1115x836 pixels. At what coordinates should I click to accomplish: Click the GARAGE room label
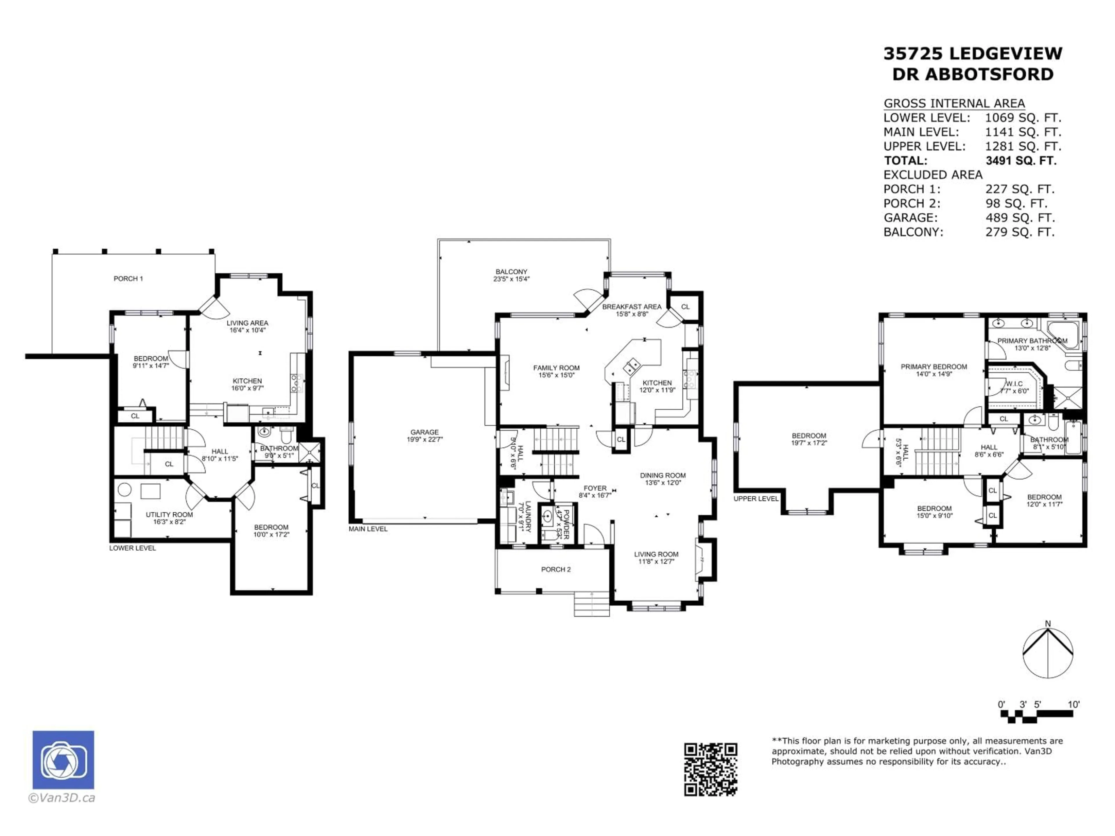pos(425,435)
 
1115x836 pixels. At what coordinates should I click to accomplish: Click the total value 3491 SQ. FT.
pos(1021,161)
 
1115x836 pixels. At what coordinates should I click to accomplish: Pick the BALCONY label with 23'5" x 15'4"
pos(511,275)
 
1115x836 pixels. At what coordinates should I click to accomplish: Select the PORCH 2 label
pos(555,570)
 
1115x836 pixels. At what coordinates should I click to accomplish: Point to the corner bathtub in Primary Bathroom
pos(1064,333)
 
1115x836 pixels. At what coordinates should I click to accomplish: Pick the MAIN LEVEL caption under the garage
pos(368,529)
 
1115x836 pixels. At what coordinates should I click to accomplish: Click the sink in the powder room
pos(547,516)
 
